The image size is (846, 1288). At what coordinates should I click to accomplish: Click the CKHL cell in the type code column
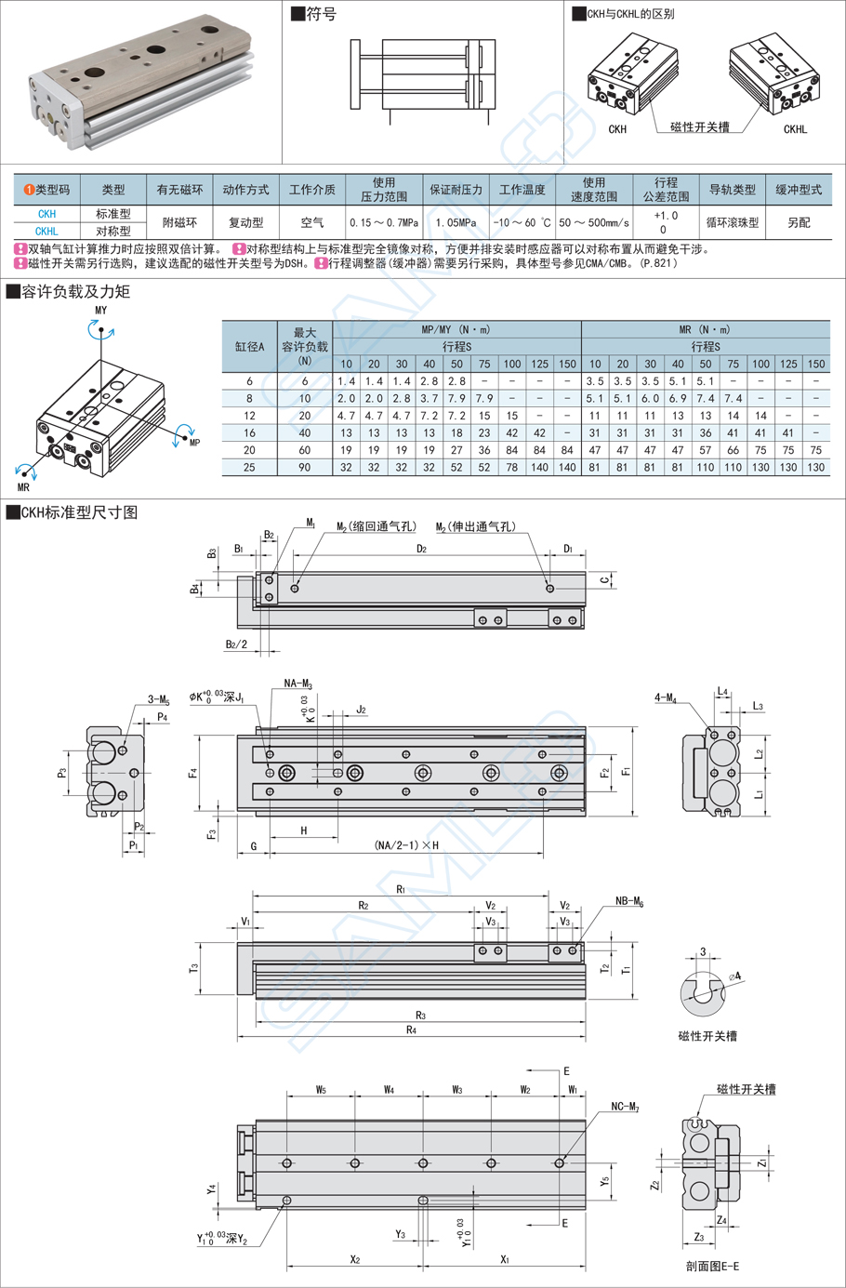pos(46,232)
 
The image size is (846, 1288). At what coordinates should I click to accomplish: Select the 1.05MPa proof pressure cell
pos(456,223)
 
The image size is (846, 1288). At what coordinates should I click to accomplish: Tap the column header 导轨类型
pos(733,190)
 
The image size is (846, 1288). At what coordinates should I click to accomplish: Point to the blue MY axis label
pos(100,311)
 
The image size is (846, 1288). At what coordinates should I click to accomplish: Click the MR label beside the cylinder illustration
pos(23,486)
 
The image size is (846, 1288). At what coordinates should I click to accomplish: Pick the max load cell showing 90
pos(304,468)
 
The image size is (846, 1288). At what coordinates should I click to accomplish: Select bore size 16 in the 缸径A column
pos(249,433)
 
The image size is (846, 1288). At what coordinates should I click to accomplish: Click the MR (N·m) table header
pos(705,329)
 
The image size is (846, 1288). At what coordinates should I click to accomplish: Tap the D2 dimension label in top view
pos(421,549)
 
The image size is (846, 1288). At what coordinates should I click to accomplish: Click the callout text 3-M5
pos(159,699)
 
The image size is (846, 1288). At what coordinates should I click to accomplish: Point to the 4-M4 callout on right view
pos(665,697)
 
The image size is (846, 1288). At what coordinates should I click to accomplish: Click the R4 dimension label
pos(411,1029)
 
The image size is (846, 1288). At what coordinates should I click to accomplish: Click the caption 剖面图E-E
pos(712,1266)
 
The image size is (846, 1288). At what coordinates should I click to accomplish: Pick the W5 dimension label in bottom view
pos(321,1089)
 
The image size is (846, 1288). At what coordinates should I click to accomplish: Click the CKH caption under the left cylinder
pos(617,130)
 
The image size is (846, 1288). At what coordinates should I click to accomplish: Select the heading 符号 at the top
pos(321,14)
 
